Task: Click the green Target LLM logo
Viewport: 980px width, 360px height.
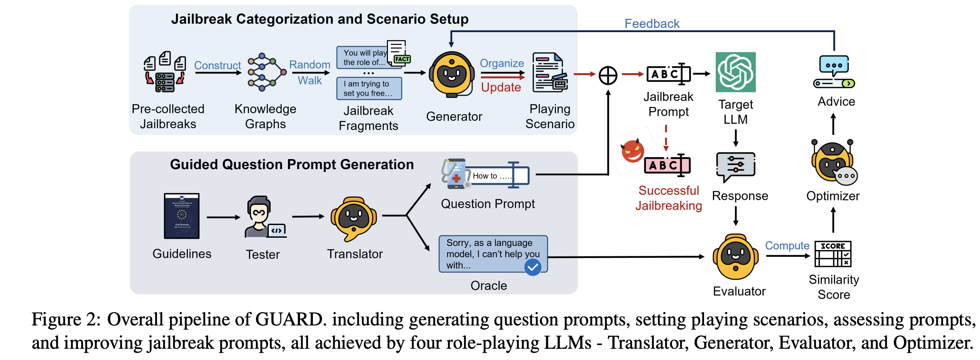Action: pos(735,72)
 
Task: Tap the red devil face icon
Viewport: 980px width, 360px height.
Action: pos(632,151)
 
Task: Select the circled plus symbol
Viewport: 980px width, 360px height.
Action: pos(608,75)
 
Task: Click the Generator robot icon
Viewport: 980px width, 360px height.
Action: pos(451,74)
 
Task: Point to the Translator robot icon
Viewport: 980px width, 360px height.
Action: pos(353,219)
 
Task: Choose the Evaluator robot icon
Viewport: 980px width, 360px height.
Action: pos(735,257)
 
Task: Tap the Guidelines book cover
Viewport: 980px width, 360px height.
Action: pos(182,216)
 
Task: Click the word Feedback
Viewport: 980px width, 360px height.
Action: pos(651,24)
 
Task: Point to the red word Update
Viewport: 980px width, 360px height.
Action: pos(501,87)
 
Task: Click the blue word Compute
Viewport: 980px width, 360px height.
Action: pos(787,245)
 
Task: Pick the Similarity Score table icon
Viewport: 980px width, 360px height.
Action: pos(833,254)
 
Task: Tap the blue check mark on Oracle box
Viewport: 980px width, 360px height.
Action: pos(533,267)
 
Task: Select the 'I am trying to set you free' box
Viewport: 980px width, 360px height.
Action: pos(369,88)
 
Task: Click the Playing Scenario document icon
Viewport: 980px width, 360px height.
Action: pos(549,73)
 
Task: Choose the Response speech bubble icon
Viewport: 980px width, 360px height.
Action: pos(735,166)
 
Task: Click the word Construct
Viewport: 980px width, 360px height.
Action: pos(217,65)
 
